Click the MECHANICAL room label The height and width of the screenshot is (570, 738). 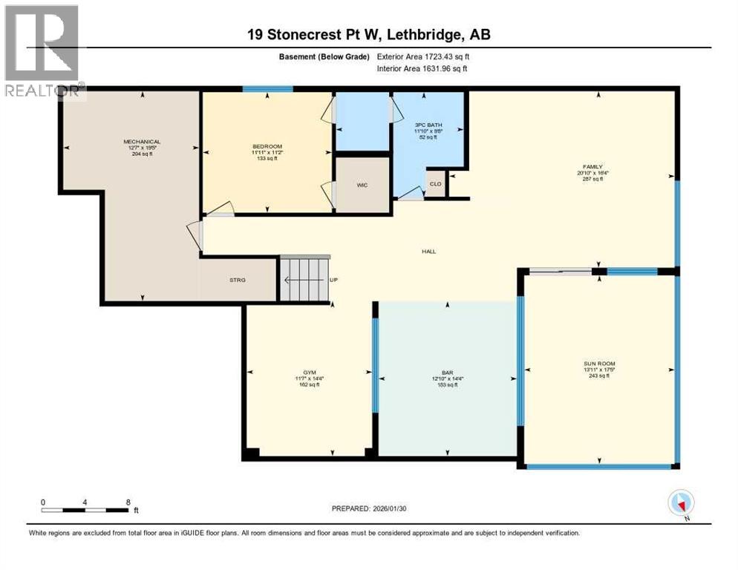pyautogui.click(x=142, y=142)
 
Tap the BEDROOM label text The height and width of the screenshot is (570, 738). pyautogui.click(x=267, y=146)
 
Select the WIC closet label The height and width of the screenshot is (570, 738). pyautogui.click(x=362, y=186)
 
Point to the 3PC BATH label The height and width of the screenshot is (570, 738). pyautogui.click(x=428, y=125)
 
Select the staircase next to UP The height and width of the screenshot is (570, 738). pyautogui.click(x=304, y=279)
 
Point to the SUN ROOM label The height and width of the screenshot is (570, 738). pyautogui.click(x=598, y=364)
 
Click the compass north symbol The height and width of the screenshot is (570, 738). pyautogui.click(x=681, y=504)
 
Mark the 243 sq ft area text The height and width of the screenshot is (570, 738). pyautogui.click(x=598, y=376)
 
